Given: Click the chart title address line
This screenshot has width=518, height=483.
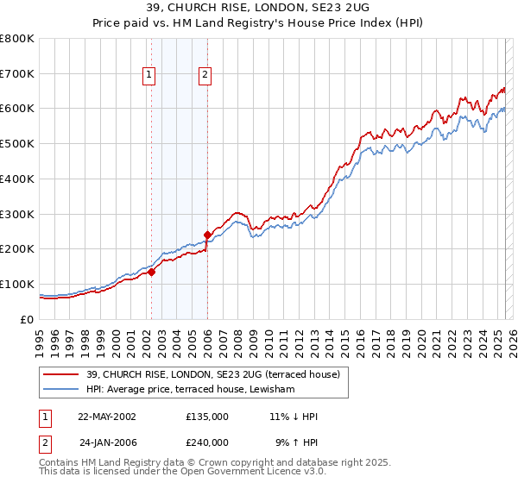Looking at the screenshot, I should pyautogui.click(x=258, y=9).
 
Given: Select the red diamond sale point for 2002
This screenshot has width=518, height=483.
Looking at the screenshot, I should pyautogui.click(x=151, y=272).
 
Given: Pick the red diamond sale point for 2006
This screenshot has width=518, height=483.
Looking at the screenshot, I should pyautogui.click(x=207, y=235).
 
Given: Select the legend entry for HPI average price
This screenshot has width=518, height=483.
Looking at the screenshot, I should pyautogui.click(x=190, y=390).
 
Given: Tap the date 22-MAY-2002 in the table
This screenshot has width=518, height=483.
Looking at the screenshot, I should pyautogui.click(x=107, y=417).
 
